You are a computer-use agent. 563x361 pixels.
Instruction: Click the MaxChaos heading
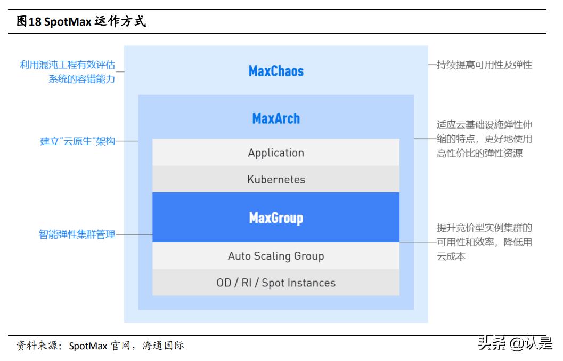click(276, 71)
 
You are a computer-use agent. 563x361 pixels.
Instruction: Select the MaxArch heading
click(276, 118)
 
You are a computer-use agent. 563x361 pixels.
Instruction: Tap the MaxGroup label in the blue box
click(276, 218)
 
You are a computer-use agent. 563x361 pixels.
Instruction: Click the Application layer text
click(276, 153)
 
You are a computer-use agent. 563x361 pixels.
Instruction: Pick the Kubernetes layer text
click(276, 179)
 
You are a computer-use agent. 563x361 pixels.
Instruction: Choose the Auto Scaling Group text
click(276, 256)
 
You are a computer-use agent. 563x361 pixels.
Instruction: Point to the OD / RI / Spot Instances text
click(276, 283)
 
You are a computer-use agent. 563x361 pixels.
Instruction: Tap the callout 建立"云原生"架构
click(78, 142)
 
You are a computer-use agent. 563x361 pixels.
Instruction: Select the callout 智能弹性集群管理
click(77, 234)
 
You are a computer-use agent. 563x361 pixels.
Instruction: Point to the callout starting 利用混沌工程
click(67, 65)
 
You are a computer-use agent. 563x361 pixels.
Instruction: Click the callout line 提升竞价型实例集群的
click(484, 228)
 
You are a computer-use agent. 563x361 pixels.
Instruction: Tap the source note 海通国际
click(163, 346)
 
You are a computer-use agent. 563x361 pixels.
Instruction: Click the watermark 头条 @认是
click(515, 344)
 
